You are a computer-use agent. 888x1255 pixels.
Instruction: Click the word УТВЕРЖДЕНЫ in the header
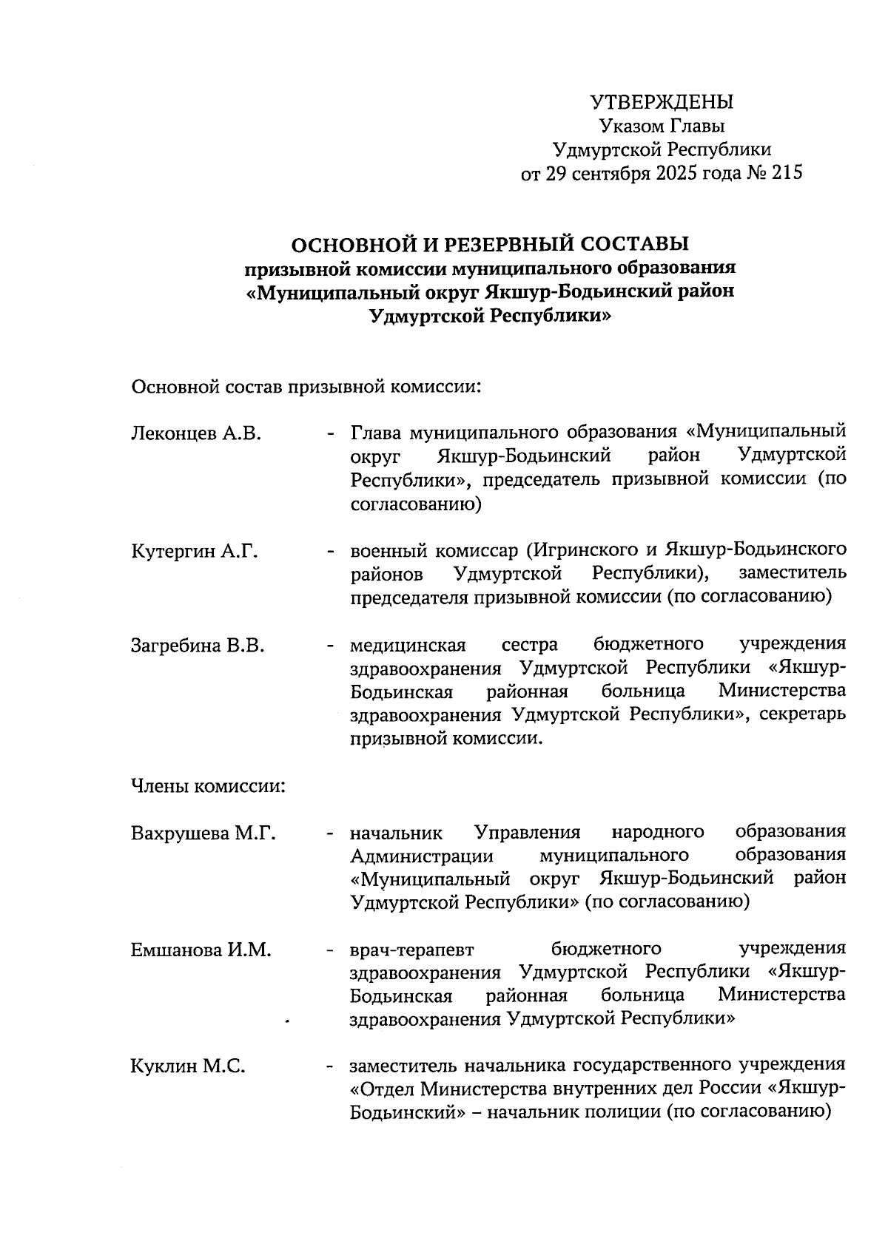point(662,102)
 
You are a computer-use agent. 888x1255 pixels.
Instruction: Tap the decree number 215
point(786,173)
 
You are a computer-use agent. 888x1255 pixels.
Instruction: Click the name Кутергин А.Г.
point(195,551)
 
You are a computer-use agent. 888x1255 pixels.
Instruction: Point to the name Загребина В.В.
point(198,646)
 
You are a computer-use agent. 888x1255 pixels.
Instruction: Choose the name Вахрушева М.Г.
point(203,833)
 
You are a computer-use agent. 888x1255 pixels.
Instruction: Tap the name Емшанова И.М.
point(201,950)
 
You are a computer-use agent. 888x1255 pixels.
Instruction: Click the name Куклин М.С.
point(188,1066)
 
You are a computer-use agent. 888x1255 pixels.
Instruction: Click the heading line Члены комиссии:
point(208,786)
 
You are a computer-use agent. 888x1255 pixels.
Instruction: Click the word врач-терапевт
point(411,950)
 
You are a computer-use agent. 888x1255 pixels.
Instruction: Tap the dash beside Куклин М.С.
point(329,1066)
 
